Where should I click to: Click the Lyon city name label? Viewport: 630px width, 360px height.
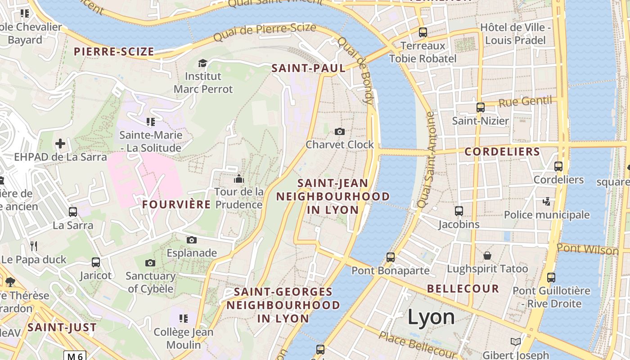pos(431,317)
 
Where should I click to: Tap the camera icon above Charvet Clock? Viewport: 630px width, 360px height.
pos(340,131)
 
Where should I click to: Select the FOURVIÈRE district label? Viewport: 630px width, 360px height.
pos(176,204)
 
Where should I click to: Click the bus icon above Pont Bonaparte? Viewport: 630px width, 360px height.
pos(391,257)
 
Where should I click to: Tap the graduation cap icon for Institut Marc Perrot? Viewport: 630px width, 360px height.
pos(203,63)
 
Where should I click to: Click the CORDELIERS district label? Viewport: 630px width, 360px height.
pos(502,152)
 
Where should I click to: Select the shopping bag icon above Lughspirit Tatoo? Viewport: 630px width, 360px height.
pos(487,256)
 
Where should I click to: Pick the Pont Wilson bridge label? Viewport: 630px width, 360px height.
pos(587,248)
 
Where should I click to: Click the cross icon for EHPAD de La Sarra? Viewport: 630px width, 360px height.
pos(60,144)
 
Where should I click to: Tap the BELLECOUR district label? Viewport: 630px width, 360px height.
pos(463,288)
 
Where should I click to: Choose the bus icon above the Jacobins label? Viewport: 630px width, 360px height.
pos(459,211)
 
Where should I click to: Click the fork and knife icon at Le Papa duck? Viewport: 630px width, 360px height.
pos(33,246)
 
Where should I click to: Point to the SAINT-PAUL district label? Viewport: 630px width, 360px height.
pos(308,68)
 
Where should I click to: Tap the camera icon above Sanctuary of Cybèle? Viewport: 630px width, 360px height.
pos(150,263)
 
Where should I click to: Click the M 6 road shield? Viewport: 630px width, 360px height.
pos(74,356)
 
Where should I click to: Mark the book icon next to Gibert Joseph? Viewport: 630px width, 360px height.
pos(516,342)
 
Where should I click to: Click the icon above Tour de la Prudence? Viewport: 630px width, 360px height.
pos(238,179)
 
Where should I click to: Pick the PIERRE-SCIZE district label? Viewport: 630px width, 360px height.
pos(114,51)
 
